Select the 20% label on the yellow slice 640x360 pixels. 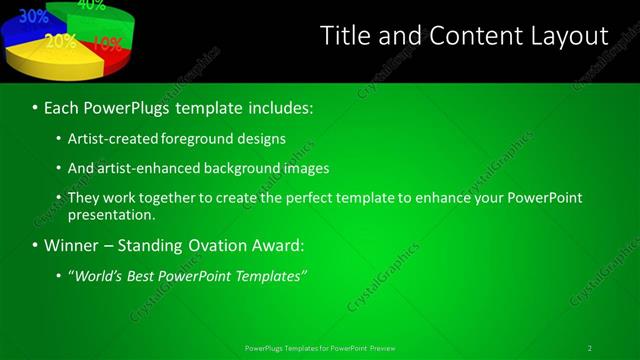(x=61, y=41)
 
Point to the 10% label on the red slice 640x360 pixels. (x=107, y=44)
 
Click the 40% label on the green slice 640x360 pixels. (x=91, y=5)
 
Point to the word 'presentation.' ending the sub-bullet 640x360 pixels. (x=111, y=214)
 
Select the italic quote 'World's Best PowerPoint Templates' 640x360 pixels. (x=187, y=275)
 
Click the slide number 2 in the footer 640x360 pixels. (x=590, y=348)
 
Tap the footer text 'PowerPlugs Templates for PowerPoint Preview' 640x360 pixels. (x=319, y=348)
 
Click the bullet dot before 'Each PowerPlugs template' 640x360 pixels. (x=35, y=107)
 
